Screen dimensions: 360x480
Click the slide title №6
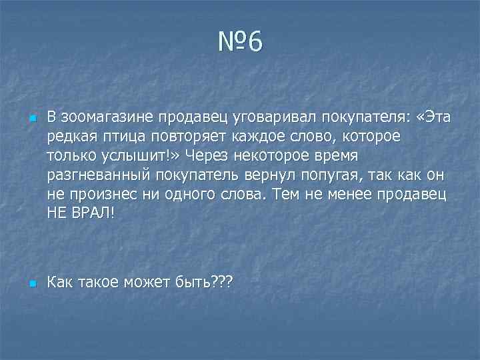point(240,44)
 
